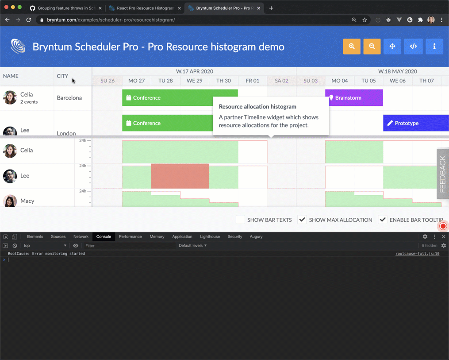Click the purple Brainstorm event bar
[x=354, y=98]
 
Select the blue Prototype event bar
[x=415, y=123]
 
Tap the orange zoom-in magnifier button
[x=352, y=46]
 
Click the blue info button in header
[x=434, y=46]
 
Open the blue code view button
[x=413, y=46]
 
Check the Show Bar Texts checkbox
[x=240, y=220]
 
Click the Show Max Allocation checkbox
[x=302, y=220]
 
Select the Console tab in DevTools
[x=104, y=236]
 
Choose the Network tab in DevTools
[x=81, y=236]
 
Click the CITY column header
[x=63, y=76]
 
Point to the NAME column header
[x=11, y=76]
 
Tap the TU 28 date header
[x=165, y=81]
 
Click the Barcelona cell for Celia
[x=69, y=98]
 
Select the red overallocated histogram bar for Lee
[x=180, y=176]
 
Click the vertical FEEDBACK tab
[x=443, y=174]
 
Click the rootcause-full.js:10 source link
[x=417, y=254]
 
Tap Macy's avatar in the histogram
[x=10, y=201]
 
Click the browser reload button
[x=29, y=20]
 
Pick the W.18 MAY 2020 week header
[x=397, y=71]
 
